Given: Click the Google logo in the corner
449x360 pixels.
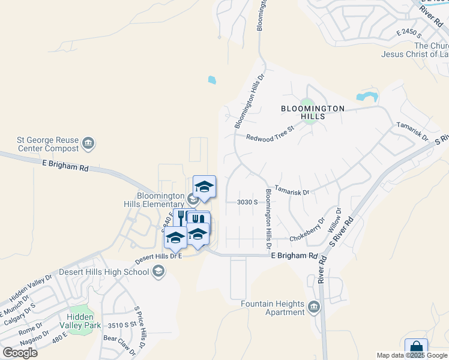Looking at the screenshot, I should coord(20,353).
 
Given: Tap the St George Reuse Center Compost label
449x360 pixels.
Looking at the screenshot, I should coord(47,145).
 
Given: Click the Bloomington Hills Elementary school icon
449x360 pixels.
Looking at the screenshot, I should coord(193,200).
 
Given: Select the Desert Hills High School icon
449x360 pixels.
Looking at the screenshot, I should coord(158,272).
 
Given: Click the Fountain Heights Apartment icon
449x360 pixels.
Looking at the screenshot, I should coord(314,308).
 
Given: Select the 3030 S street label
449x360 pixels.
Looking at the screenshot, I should coord(247,202).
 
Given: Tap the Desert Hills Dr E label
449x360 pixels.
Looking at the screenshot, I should coord(158,256).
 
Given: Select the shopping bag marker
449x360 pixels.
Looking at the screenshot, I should coord(416,349).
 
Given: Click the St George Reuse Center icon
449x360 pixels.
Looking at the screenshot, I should coord(88,143).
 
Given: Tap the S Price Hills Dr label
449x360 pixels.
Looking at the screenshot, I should coord(140,326).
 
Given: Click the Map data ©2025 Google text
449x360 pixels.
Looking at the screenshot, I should coord(412,355).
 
